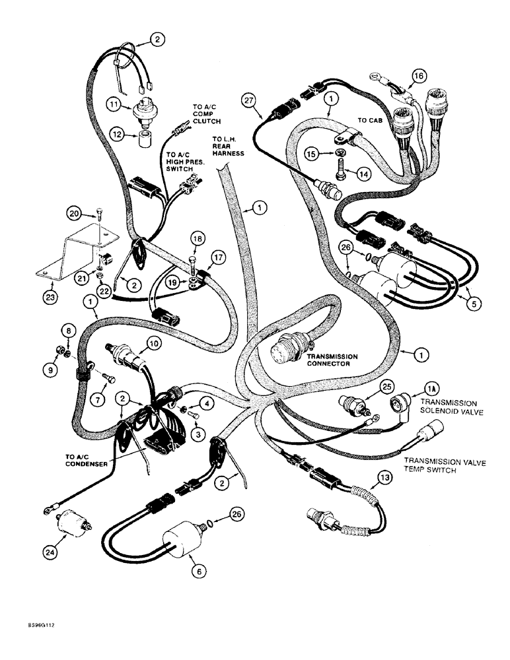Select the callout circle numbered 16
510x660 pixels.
pyautogui.click(x=416, y=76)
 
